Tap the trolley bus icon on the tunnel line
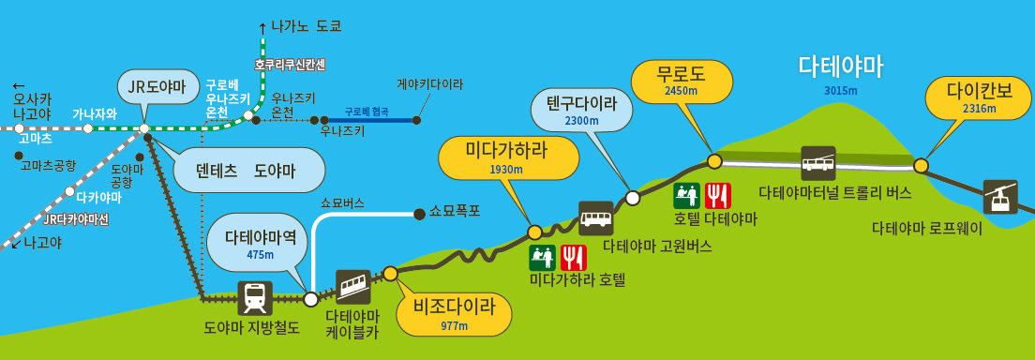point(818,163)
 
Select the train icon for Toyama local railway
point(255,298)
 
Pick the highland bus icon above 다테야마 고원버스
point(596,218)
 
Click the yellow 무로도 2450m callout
point(681,82)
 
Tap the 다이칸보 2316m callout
point(976,98)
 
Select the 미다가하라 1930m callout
point(506,158)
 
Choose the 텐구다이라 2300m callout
point(582,111)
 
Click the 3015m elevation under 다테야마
point(841,91)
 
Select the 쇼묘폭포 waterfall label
point(456,211)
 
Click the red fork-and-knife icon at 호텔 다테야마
point(717,195)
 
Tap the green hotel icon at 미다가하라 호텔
point(543,257)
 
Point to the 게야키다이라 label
point(430,84)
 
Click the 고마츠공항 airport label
point(48,165)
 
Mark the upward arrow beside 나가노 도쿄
point(262,27)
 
